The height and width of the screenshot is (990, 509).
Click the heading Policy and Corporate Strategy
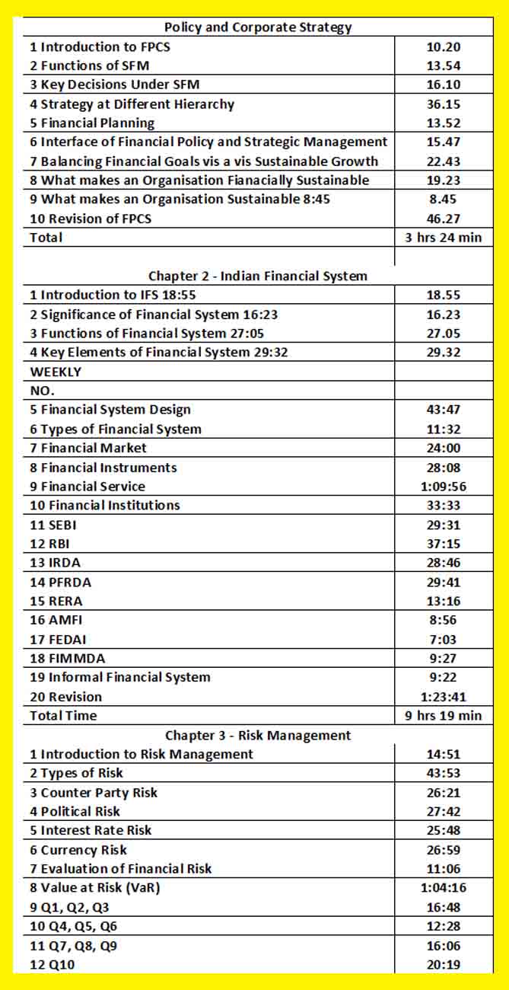coord(258,27)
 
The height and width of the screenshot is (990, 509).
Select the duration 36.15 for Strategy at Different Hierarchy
coord(444,104)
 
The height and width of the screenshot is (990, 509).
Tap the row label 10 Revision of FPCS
coord(91,219)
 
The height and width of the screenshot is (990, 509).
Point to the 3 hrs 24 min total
coord(444,238)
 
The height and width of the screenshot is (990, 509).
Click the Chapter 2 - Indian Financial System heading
coord(258,276)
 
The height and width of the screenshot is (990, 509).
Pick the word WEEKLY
coord(56,372)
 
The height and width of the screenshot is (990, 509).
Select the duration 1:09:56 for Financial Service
coord(444,487)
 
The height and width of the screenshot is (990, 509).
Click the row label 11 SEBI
coord(56,525)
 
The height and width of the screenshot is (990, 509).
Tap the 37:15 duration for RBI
coord(444,544)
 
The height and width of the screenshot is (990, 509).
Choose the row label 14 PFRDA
coord(60,582)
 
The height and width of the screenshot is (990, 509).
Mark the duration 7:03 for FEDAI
coord(444,640)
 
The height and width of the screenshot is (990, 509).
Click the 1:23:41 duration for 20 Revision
coord(444,697)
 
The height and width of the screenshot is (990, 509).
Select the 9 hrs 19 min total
coord(444,716)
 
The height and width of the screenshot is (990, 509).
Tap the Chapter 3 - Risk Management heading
coord(258,735)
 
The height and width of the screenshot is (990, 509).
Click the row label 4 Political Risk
coord(75,811)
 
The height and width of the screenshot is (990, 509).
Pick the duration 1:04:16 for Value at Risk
coord(444,888)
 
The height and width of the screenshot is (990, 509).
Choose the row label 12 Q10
coord(53,965)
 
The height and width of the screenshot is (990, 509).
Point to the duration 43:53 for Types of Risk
coord(444,773)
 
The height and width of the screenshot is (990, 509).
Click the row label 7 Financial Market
coord(88,448)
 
